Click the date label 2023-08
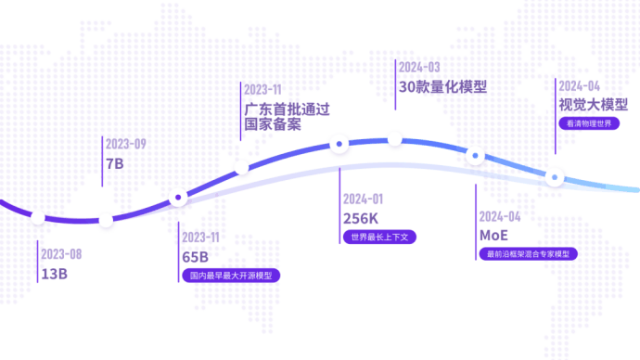click(61, 253)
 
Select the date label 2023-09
click(125, 144)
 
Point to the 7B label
click(115, 164)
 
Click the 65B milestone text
click(196, 256)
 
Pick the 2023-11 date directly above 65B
click(203, 237)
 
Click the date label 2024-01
click(364, 199)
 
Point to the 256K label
click(361, 218)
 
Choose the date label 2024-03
click(418, 67)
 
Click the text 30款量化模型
click(442, 87)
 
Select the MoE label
click(493, 235)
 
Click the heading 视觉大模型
click(593, 104)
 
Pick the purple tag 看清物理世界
click(589, 122)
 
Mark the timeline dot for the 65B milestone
click(178, 198)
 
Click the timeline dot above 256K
click(339, 144)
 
